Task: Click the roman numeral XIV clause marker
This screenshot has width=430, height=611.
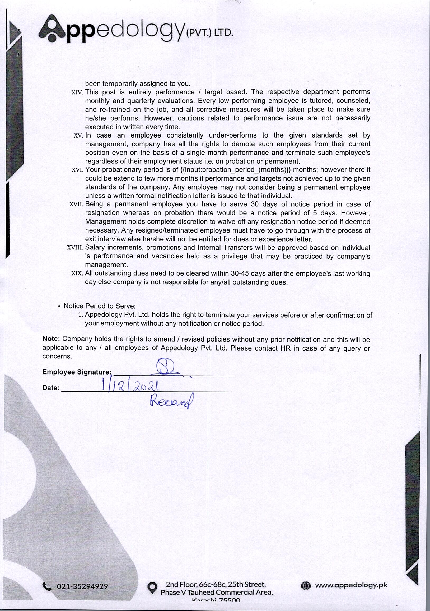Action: click(77, 93)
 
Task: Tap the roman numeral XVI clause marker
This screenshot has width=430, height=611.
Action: click(77, 170)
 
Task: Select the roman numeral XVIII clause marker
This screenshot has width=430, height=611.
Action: click(75, 248)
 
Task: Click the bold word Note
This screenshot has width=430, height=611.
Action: click(52, 339)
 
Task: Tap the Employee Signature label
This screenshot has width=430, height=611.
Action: click(77, 372)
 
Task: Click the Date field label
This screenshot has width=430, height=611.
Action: click(51, 388)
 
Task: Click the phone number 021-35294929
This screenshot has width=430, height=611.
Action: click(82, 586)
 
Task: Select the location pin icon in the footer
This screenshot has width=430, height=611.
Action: click(152, 588)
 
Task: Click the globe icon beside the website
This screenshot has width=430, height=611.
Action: click(306, 585)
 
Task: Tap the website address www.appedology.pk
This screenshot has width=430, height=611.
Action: click(351, 585)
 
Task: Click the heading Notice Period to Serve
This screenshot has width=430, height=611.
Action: click(99, 306)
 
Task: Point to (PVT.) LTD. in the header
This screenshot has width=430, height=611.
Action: click(209, 33)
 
